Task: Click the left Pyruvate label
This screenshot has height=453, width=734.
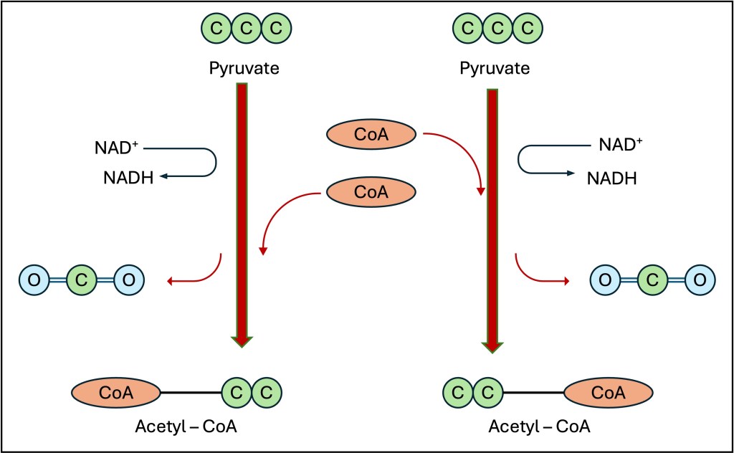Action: pos(244,68)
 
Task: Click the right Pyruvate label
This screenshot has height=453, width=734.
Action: pos(495,68)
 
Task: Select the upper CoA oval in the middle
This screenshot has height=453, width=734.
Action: pos(371,134)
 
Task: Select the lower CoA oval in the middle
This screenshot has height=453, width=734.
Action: pos(371,192)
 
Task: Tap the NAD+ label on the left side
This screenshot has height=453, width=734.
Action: pos(116,148)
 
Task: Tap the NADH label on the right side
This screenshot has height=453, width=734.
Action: pos(612,178)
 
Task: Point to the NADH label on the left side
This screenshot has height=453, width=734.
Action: pos(128,178)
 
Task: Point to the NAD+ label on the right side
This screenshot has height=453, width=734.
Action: pos(621,145)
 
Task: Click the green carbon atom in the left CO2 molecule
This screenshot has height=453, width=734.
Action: pos(82,280)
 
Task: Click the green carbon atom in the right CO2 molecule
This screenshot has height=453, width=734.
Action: pos(652,280)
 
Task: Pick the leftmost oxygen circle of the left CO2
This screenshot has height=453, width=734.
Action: pos(34,280)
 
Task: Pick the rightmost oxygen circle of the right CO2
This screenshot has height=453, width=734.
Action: pos(700,280)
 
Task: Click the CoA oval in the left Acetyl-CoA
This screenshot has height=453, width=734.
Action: pos(116,393)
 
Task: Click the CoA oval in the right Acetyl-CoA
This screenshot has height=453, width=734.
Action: pos(608,393)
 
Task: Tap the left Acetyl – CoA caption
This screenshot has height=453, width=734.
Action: pos(186,426)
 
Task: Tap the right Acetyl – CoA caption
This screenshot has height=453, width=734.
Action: pos(539,426)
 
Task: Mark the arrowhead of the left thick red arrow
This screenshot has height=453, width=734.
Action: pos(242,342)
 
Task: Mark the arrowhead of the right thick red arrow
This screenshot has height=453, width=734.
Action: pos(492,348)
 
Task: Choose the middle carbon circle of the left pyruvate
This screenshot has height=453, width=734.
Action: pos(247,28)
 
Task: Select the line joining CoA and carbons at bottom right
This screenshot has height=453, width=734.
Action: pos(533,392)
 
